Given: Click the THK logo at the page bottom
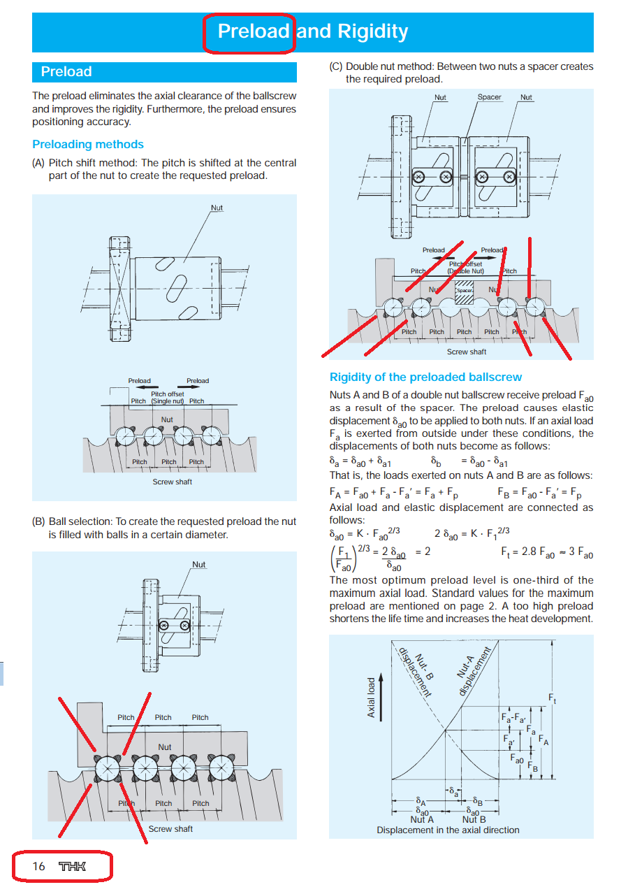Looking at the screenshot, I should click(x=73, y=866).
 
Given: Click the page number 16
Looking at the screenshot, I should click(x=38, y=866).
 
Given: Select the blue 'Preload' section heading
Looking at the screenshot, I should click(x=66, y=72).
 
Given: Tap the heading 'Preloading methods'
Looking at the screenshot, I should click(x=88, y=145).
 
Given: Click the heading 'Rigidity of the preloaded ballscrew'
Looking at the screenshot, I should click(x=425, y=377).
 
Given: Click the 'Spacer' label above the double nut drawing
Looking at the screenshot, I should click(x=489, y=97).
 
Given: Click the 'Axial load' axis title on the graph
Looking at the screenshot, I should click(x=372, y=697).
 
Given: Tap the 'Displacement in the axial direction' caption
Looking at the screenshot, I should click(x=448, y=830).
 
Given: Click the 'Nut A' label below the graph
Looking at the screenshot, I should click(x=422, y=819).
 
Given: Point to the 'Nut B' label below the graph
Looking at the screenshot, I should click(x=474, y=819).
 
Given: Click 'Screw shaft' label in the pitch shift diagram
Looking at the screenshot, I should click(x=172, y=482).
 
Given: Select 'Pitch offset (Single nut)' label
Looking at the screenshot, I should click(x=168, y=398).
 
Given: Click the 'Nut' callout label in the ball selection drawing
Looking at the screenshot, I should click(x=199, y=565).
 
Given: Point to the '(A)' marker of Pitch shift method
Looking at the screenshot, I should click(x=38, y=163).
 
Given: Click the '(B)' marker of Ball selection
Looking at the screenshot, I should click(x=38, y=521).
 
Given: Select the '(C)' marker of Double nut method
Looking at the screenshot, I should click(x=336, y=67).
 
